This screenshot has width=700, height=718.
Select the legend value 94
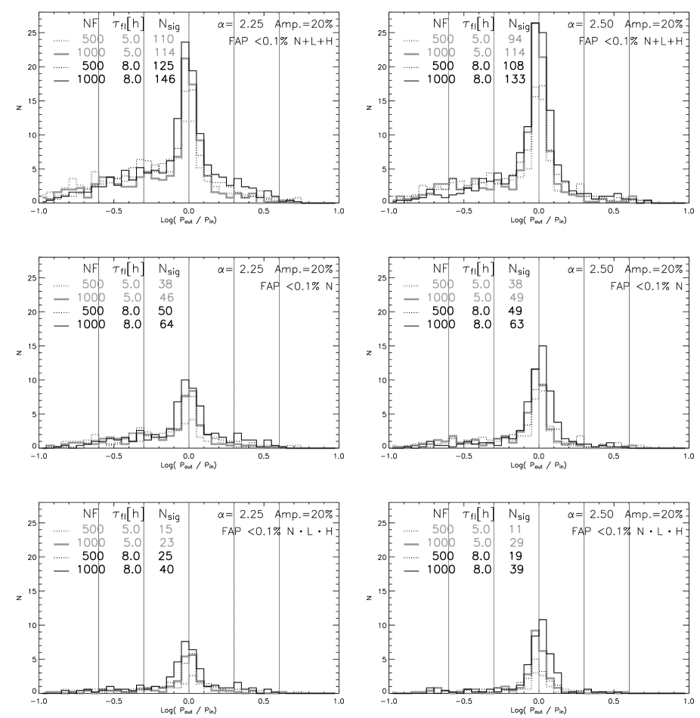pos(515,39)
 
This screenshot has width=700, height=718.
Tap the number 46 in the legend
pos(166,298)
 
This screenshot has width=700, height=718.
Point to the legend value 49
pos(516,298)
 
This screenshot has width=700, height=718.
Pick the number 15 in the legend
pos(166,529)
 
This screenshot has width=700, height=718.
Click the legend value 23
pos(166,543)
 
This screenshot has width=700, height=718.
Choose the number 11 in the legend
pos(516,529)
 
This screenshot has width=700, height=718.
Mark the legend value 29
pos(516,543)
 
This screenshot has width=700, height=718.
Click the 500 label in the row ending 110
pos(93,39)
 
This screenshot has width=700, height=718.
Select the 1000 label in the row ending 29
pos(441,543)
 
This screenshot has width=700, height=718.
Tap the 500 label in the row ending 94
pos(443,39)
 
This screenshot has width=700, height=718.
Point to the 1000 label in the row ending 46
pos(91,298)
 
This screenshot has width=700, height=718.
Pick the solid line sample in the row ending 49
pos(412,299)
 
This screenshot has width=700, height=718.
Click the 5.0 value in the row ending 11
pos(482,529)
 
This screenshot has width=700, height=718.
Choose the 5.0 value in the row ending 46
pos(132,298)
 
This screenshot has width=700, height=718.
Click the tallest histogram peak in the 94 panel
pos(535,24)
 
